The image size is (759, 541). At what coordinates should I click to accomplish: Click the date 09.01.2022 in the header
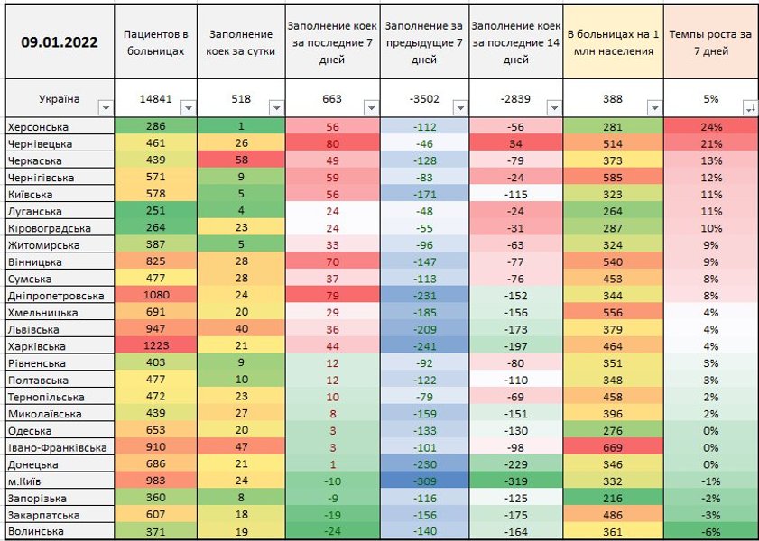[60, 41]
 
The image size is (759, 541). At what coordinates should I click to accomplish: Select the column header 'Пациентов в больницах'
[155, 42]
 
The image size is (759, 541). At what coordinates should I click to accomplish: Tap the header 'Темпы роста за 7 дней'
[709, 42]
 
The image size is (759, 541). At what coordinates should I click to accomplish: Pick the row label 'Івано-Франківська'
[55, 447]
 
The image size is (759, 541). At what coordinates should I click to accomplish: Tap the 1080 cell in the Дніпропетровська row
[155, 296]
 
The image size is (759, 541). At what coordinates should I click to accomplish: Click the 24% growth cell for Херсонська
[709, 126]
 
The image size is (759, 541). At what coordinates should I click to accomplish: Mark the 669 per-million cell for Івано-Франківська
[612, 447]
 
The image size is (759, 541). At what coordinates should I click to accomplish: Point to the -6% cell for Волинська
[709, 531]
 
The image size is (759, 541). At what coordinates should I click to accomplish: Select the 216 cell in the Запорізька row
[612, 498]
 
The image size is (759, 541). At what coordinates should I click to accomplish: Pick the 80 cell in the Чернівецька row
[331, 143]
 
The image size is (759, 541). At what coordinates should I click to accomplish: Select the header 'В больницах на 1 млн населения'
[612, 42]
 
